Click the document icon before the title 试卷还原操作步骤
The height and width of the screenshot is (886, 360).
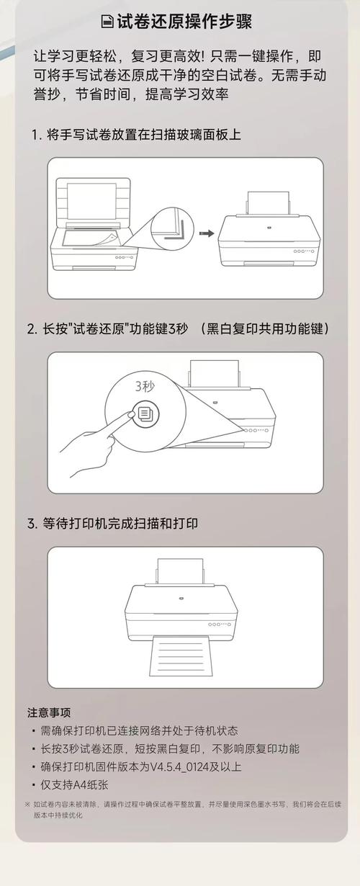click(x=107, y=22)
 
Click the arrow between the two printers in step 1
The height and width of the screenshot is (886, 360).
click(x=207, y=233)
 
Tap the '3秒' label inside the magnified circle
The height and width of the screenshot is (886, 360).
click(x=145, y=386)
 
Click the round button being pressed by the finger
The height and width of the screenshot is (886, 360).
click(x=145, y=413)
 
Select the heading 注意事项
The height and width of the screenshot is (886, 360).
click(x=49, y=712)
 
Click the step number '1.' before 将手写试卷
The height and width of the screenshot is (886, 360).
click(x=35, y=135)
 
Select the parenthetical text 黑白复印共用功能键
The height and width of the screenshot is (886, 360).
click(x=266, y=328)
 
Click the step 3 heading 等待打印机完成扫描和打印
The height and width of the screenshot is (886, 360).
click(x=119, y=524)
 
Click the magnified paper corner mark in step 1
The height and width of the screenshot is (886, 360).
click(x=172, y=224)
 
